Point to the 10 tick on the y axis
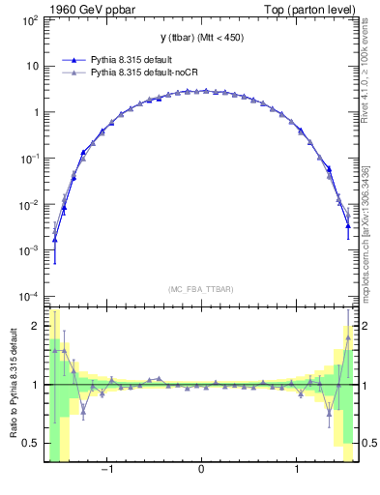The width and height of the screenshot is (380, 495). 35,66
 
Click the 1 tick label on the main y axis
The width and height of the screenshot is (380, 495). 38,112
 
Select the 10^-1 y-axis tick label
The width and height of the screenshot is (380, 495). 32,158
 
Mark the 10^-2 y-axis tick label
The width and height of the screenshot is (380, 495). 32,204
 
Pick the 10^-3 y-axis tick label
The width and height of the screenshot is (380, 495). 32,250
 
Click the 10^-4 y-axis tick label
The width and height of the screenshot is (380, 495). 32,296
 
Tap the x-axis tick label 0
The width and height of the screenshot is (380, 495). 201,471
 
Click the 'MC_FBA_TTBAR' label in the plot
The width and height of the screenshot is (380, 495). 200,289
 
